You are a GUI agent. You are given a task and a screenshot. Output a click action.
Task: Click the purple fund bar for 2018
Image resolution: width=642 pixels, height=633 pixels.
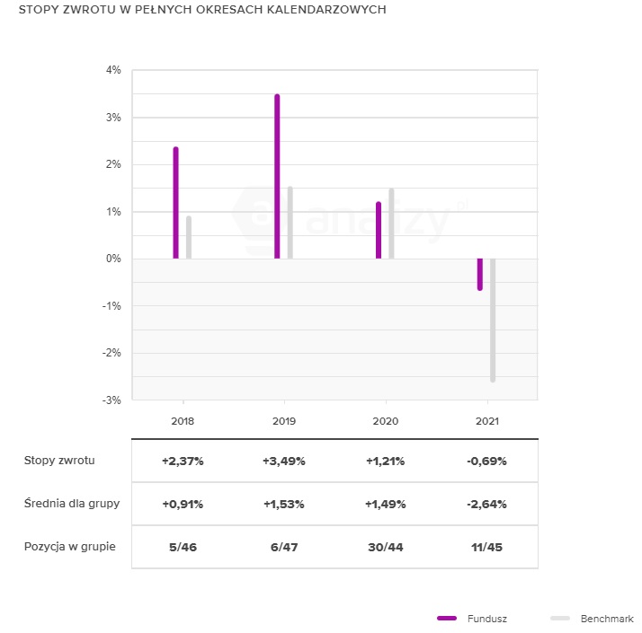pyautogui.click(x=176, y=203)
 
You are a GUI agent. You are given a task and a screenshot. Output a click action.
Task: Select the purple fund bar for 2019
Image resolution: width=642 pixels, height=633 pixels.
pyautogui.click(x=277, y=177)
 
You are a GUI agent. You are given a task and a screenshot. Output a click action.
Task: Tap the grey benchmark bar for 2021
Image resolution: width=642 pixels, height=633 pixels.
pyautogui.click(x=493, y=320)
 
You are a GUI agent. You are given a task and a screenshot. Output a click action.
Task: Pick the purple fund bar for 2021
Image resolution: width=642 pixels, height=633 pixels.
pyautogui.click(x=480, y=274)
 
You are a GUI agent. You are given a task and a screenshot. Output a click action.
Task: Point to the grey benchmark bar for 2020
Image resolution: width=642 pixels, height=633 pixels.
pyautogui.click(x=391, y=224)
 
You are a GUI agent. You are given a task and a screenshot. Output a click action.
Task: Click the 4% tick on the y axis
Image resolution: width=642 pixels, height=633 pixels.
pyautogui.click(x=113, y=70)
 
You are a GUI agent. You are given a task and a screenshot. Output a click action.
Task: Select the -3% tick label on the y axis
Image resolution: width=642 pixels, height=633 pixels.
pyautogui.click(x=111, y=400)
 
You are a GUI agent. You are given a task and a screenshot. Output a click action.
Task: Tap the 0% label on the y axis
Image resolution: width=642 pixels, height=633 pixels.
pyautogui.click(x=113, y=259)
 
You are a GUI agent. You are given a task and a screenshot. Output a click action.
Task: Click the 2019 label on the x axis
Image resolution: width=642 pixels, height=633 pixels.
pyautogui.click(x=284, y=420)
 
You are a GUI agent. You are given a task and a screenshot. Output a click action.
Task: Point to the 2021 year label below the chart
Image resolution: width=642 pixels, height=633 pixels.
pyautogui.click(x=486, y=420)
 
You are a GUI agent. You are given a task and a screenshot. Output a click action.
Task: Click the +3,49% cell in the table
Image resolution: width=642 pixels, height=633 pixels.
pyautogui.click(x=284, y=462)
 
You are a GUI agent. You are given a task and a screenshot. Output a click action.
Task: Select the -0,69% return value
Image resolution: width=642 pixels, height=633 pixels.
pyautogui.click(x=486, y=462)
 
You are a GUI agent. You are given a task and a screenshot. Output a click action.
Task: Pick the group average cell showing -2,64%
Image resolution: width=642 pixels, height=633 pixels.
pyautogui.click(x=486, y=504)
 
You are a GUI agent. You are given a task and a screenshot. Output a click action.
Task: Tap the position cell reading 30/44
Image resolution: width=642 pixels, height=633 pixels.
pyautogui.click(x=385, y=547)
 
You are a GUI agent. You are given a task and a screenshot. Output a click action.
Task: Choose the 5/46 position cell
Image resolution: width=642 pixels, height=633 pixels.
pyautogui.click(x=183, y=547)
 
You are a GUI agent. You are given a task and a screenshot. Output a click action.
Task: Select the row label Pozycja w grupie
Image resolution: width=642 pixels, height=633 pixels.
pyautogui.click(x=69, y=547)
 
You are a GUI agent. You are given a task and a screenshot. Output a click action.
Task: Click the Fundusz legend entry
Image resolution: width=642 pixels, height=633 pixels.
pyautogui.click(x=486, y=619)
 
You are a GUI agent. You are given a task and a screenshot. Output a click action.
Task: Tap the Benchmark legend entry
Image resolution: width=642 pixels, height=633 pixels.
pyautogui.click(x=606, y=619)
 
